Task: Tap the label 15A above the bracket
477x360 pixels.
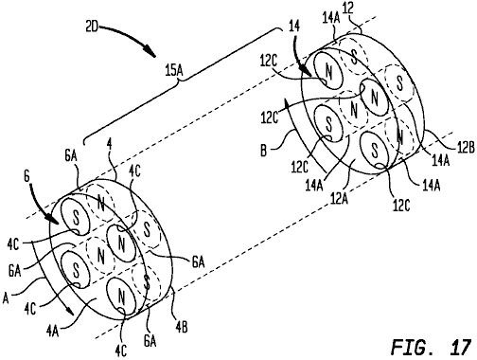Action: click(x=174, y=71)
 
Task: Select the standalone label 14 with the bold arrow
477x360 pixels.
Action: click(x=294, y=27)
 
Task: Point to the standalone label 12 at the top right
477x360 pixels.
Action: click(x=347, y=9)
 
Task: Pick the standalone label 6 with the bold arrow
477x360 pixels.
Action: click(x=26, y=176)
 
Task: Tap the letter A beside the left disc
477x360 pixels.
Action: click(x=6, y=298)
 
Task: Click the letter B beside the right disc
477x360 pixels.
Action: click(x=264, y=151)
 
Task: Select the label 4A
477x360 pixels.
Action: click(x=52, y=331)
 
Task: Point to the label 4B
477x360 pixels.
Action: click(x=182, y=328)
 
